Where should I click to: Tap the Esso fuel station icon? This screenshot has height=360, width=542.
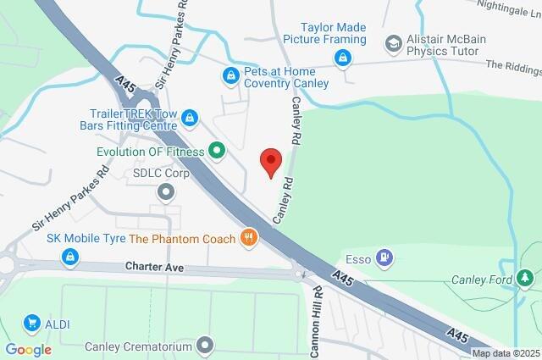click(x=385, y=256)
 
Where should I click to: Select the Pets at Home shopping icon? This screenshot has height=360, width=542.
click(x=230, y=76)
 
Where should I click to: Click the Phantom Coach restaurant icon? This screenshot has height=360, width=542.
click(x=248, y=238)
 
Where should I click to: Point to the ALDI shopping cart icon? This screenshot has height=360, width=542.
click(x=32, y=323)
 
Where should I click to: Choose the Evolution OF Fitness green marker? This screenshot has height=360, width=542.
click(x=217, y=152)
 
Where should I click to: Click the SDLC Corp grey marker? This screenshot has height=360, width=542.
click(x=166, y=191)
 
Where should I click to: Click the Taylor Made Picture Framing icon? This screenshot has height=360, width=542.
click(x=342, y=58)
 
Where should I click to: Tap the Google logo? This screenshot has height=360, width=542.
click(x=28, y=349)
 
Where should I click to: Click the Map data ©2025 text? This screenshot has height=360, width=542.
click(x=505, y=353)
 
